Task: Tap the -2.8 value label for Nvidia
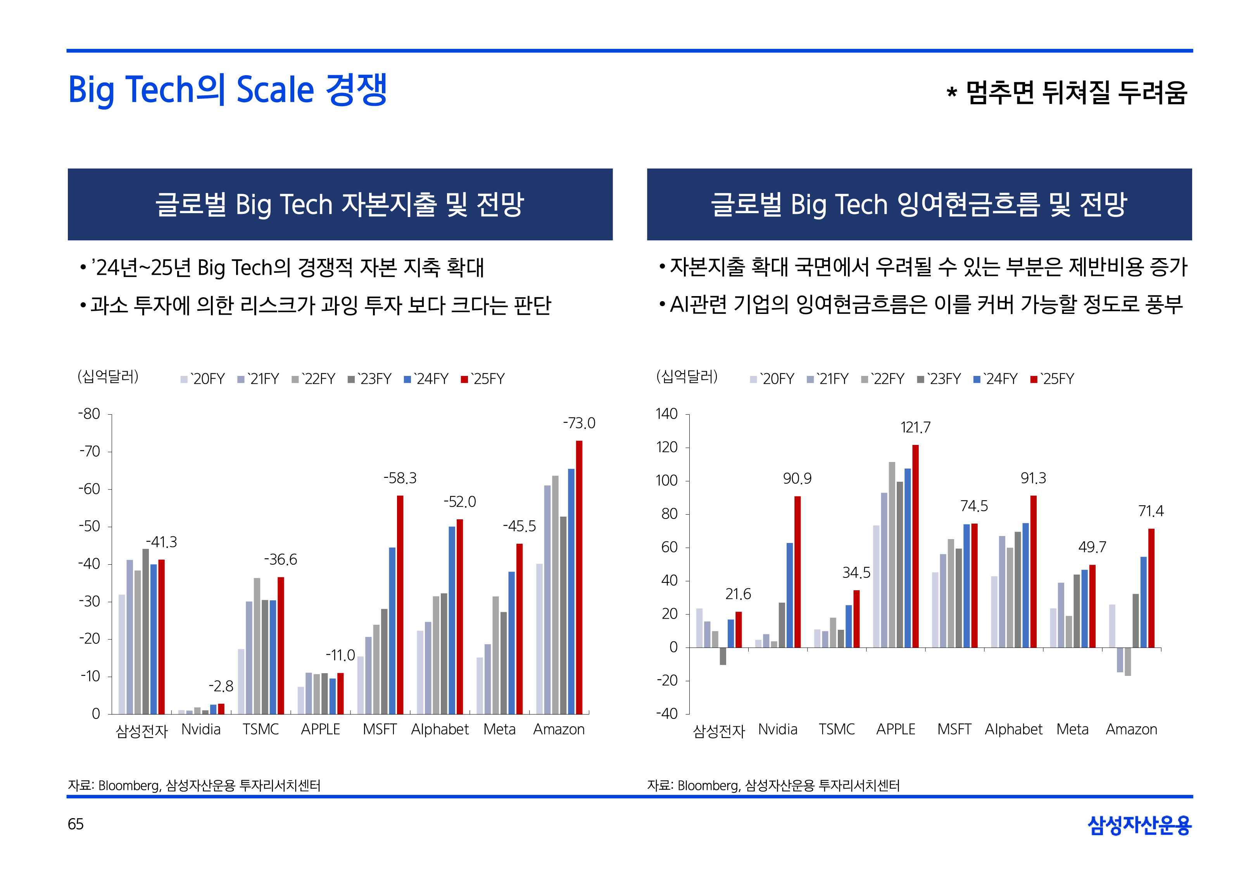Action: (221, 686)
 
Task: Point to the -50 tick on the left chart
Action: (90, 527)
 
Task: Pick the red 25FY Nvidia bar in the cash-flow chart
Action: (797, 572)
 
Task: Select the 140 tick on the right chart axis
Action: (666, 414)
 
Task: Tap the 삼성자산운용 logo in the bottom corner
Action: (1139, 825)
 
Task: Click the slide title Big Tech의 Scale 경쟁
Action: (227, 90)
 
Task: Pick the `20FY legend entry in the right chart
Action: (772, 379)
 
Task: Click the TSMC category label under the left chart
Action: (261, 729)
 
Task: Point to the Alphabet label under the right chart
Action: (1013, 729)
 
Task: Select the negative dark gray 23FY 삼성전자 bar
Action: (723, 656)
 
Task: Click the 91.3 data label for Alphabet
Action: (1033, 479)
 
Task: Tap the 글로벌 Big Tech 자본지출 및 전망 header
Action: (340, 204)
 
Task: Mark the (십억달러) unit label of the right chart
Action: (687, 376)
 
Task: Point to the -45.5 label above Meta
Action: (519, 527)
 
